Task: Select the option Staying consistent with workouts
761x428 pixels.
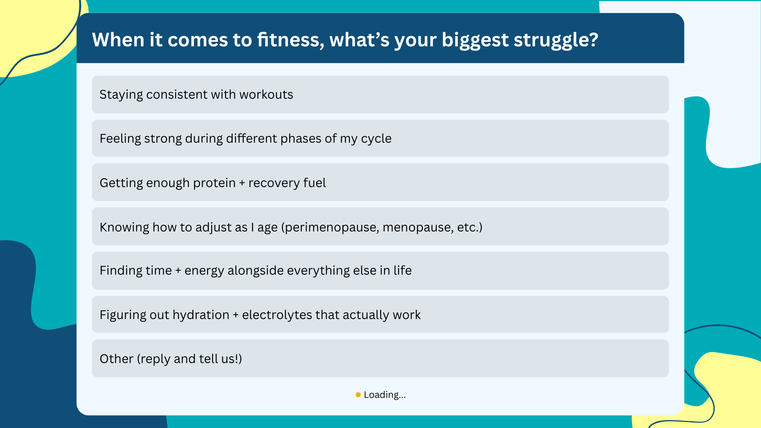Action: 380,94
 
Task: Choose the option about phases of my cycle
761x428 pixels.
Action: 380,138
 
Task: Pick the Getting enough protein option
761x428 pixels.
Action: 380,182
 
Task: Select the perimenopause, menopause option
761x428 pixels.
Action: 380,227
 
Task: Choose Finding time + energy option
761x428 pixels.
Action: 380,270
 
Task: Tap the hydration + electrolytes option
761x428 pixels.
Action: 380,315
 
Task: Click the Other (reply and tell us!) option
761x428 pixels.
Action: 380,358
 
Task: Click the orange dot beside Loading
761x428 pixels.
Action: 358,395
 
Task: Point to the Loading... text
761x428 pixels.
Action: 384,395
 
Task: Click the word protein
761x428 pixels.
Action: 214,183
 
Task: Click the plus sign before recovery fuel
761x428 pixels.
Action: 242,183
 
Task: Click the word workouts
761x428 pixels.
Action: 266,95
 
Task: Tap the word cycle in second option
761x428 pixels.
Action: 376,139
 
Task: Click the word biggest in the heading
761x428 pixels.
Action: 475,40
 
